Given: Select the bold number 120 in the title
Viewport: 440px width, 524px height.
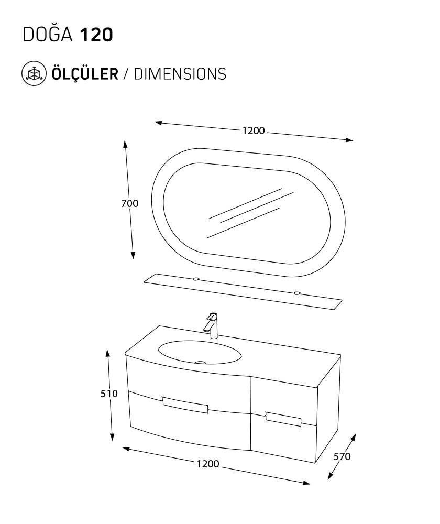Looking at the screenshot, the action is (x=96, y=35).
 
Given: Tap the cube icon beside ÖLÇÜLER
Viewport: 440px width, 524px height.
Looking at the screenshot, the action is (x=34, y=73).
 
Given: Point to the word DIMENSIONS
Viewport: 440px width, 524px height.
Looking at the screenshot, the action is (x=180, y=74).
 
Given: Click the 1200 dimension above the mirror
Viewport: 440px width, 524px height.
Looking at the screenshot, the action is (x=253, y=130).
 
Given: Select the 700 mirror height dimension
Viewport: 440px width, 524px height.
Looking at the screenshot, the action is (x=129, y=203).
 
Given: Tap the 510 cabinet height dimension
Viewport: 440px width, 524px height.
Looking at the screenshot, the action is (x=109, y=394).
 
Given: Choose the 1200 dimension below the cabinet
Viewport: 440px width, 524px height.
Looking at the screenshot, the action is (x=208, y=464).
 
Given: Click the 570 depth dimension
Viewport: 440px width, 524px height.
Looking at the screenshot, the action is (x=342, y=456).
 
